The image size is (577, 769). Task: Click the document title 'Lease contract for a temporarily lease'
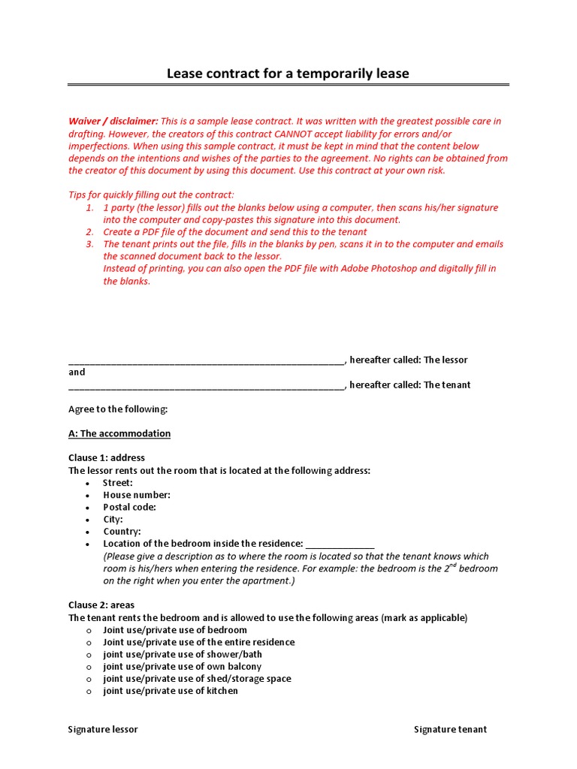288,73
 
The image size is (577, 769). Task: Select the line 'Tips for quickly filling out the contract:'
151,195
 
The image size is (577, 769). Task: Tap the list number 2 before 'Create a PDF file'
89,232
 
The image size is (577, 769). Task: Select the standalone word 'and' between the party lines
77,372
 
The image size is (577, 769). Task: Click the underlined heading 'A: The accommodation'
119,434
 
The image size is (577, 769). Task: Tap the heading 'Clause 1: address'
107,458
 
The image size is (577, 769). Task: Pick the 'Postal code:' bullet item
130,507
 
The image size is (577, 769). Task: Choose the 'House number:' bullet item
137,495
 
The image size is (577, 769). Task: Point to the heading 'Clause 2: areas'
101,605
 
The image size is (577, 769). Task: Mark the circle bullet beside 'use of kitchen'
89,692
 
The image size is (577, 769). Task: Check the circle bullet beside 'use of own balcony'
89,667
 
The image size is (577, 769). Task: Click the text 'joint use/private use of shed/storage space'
197,679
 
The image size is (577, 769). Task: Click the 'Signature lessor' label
103,729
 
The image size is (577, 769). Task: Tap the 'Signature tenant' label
450,729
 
